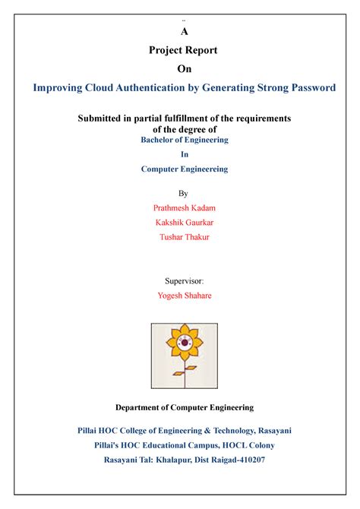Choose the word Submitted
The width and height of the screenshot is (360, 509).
coord(107,119)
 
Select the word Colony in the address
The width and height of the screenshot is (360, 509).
coord(258,445)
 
